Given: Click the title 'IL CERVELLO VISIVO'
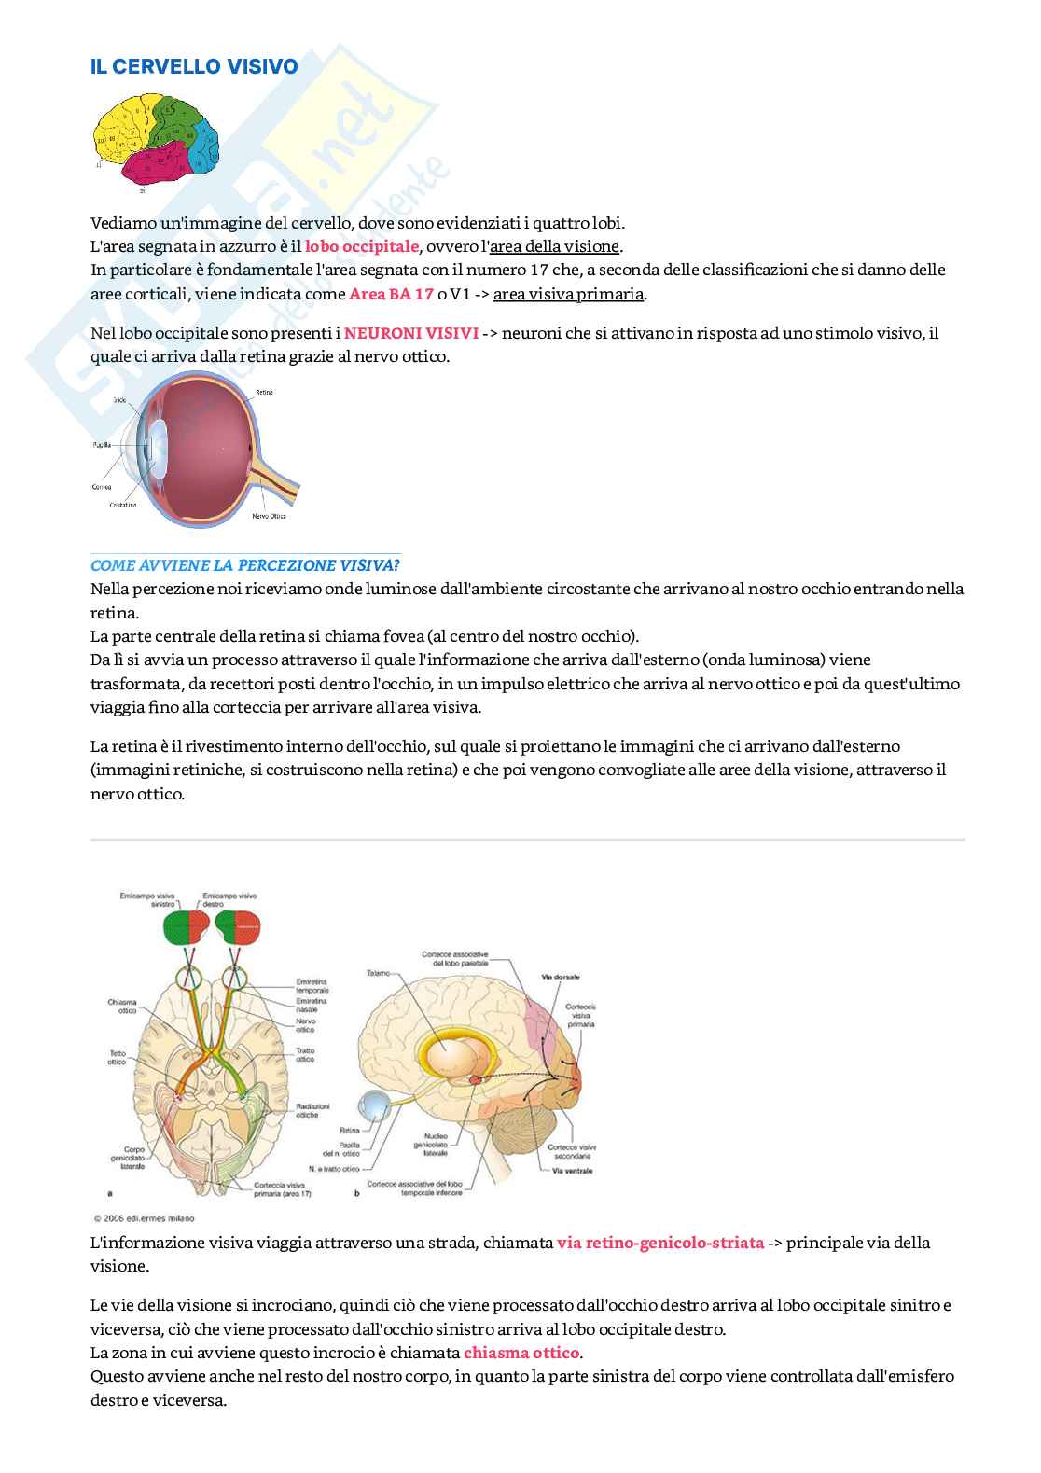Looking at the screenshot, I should pyautogui.click(x=194, y=66).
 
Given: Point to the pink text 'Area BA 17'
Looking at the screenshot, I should pyautogui.click(x=391, y=294).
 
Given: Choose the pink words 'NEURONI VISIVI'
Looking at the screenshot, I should pyautogui.click(x=411, y=333).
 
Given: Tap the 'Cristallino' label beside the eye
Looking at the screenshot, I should pyautogui.click(x=119, y=505).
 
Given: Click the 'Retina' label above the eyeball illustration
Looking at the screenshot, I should pyautogui.click(x=264, y=393).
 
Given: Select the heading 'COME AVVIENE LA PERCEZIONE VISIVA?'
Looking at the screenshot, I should pyautogui.click(x=245, y=565).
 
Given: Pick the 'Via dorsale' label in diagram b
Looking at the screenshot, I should pyautogui.click(x=560, y=977).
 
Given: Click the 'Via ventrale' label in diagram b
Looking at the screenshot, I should pyautogui.click(x=572, y=1171).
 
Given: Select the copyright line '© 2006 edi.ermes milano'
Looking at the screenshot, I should pyautogui.click(x=145, y=1216).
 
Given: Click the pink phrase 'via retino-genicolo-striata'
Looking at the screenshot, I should pyautogui.click(x=660, y=1243).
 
